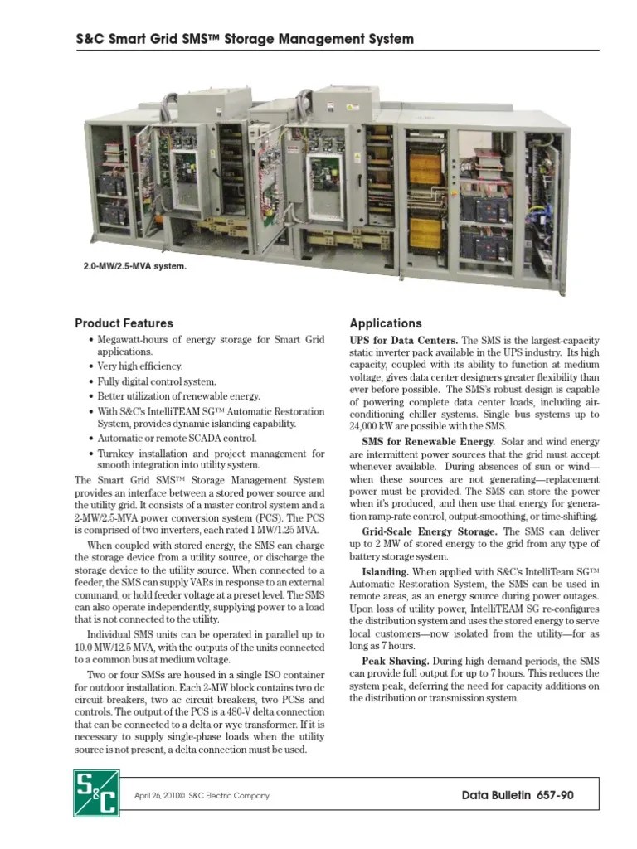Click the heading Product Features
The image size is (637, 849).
click(124, 323)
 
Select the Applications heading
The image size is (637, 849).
click(386, 323)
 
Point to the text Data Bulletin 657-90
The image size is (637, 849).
click(518, 796)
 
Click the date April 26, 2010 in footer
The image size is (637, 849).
click(162, 797)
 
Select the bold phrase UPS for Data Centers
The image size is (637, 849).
click(403, 341)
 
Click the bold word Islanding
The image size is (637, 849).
click(386, 572)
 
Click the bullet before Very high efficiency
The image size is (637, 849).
click(90, 366)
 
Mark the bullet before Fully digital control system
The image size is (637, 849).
click(90, 381)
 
